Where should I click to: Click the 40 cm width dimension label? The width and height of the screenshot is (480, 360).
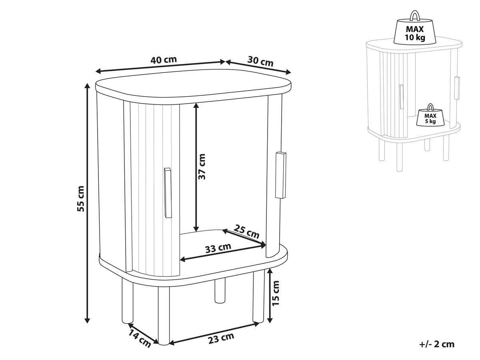164,60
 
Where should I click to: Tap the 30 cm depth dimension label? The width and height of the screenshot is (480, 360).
260,61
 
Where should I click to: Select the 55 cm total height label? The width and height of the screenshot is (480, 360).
80,198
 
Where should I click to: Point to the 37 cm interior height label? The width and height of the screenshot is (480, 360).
202,166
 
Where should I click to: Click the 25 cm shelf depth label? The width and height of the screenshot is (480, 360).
246,232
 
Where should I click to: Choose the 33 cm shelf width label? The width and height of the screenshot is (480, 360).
218,248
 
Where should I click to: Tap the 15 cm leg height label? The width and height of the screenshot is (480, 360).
276,293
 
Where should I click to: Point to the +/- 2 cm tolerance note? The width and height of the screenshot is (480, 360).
437,344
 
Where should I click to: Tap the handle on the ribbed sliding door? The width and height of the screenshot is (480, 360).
168,192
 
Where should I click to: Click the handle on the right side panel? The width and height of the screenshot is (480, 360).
281,175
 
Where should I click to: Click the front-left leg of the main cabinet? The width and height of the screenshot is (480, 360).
127,301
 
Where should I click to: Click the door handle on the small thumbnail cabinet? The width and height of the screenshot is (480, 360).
401,97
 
